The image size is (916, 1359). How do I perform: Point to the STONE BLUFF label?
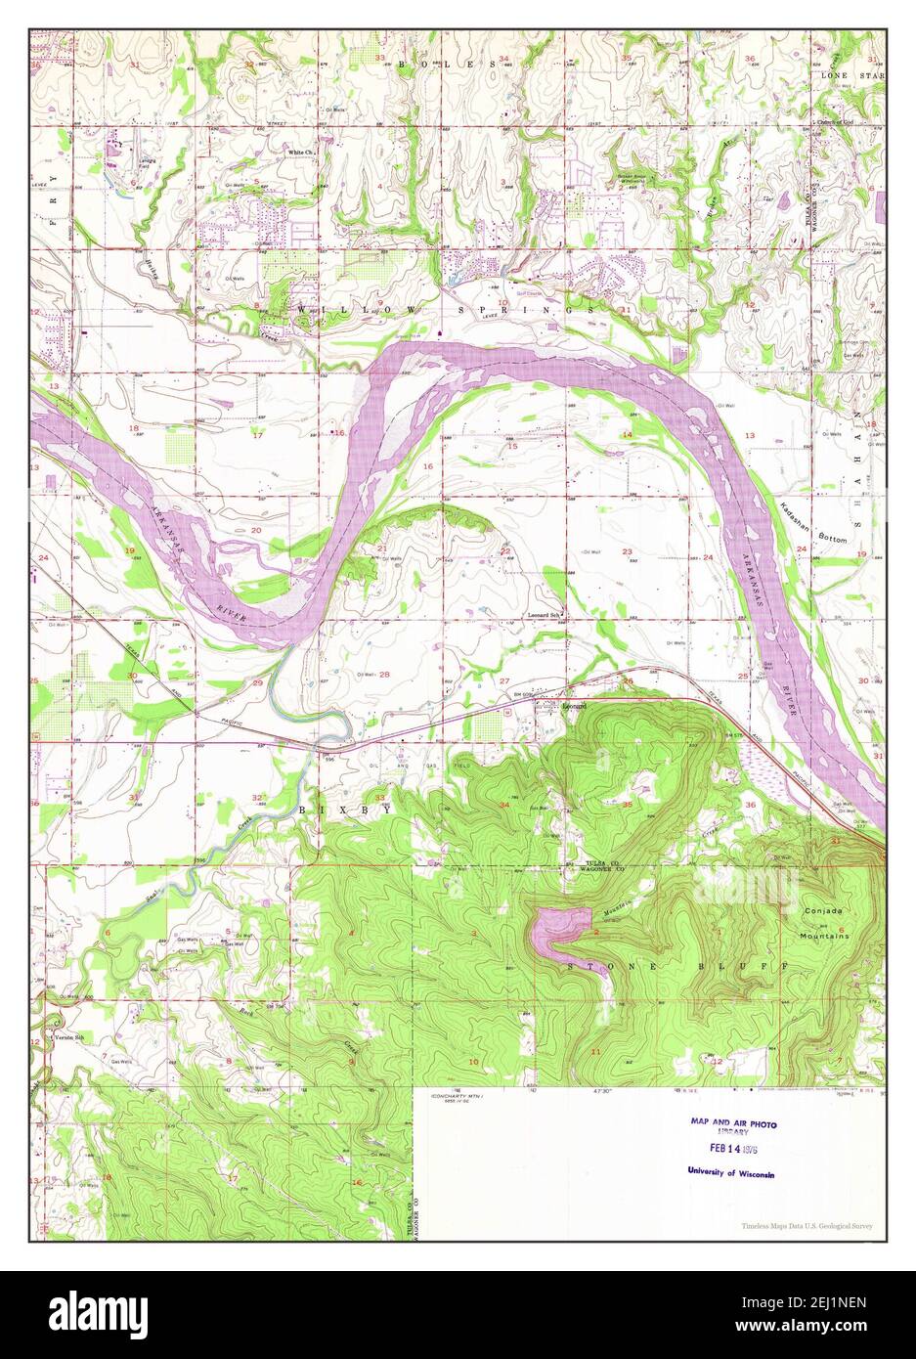(x=673, y=966)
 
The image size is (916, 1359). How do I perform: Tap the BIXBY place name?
(x=345, y=811)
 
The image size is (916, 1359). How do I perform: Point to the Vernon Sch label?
(x=65, y=1035)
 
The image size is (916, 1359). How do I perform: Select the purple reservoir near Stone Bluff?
(x=559, y=928)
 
